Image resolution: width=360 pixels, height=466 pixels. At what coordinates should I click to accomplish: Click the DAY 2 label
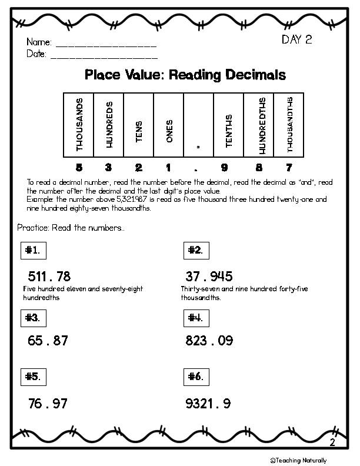296,41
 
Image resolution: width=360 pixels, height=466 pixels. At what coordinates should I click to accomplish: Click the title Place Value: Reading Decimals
185,75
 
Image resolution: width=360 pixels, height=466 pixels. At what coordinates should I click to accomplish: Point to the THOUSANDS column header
79,125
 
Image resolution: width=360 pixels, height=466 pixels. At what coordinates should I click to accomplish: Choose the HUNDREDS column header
109,125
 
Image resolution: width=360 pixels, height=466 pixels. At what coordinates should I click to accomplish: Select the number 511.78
49,276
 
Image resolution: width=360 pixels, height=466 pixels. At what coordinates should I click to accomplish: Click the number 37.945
209,276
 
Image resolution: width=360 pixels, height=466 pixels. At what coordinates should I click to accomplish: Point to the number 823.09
209,340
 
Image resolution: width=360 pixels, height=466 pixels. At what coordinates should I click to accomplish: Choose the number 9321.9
208,404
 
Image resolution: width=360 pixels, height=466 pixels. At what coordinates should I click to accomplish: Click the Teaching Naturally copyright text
298,460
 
